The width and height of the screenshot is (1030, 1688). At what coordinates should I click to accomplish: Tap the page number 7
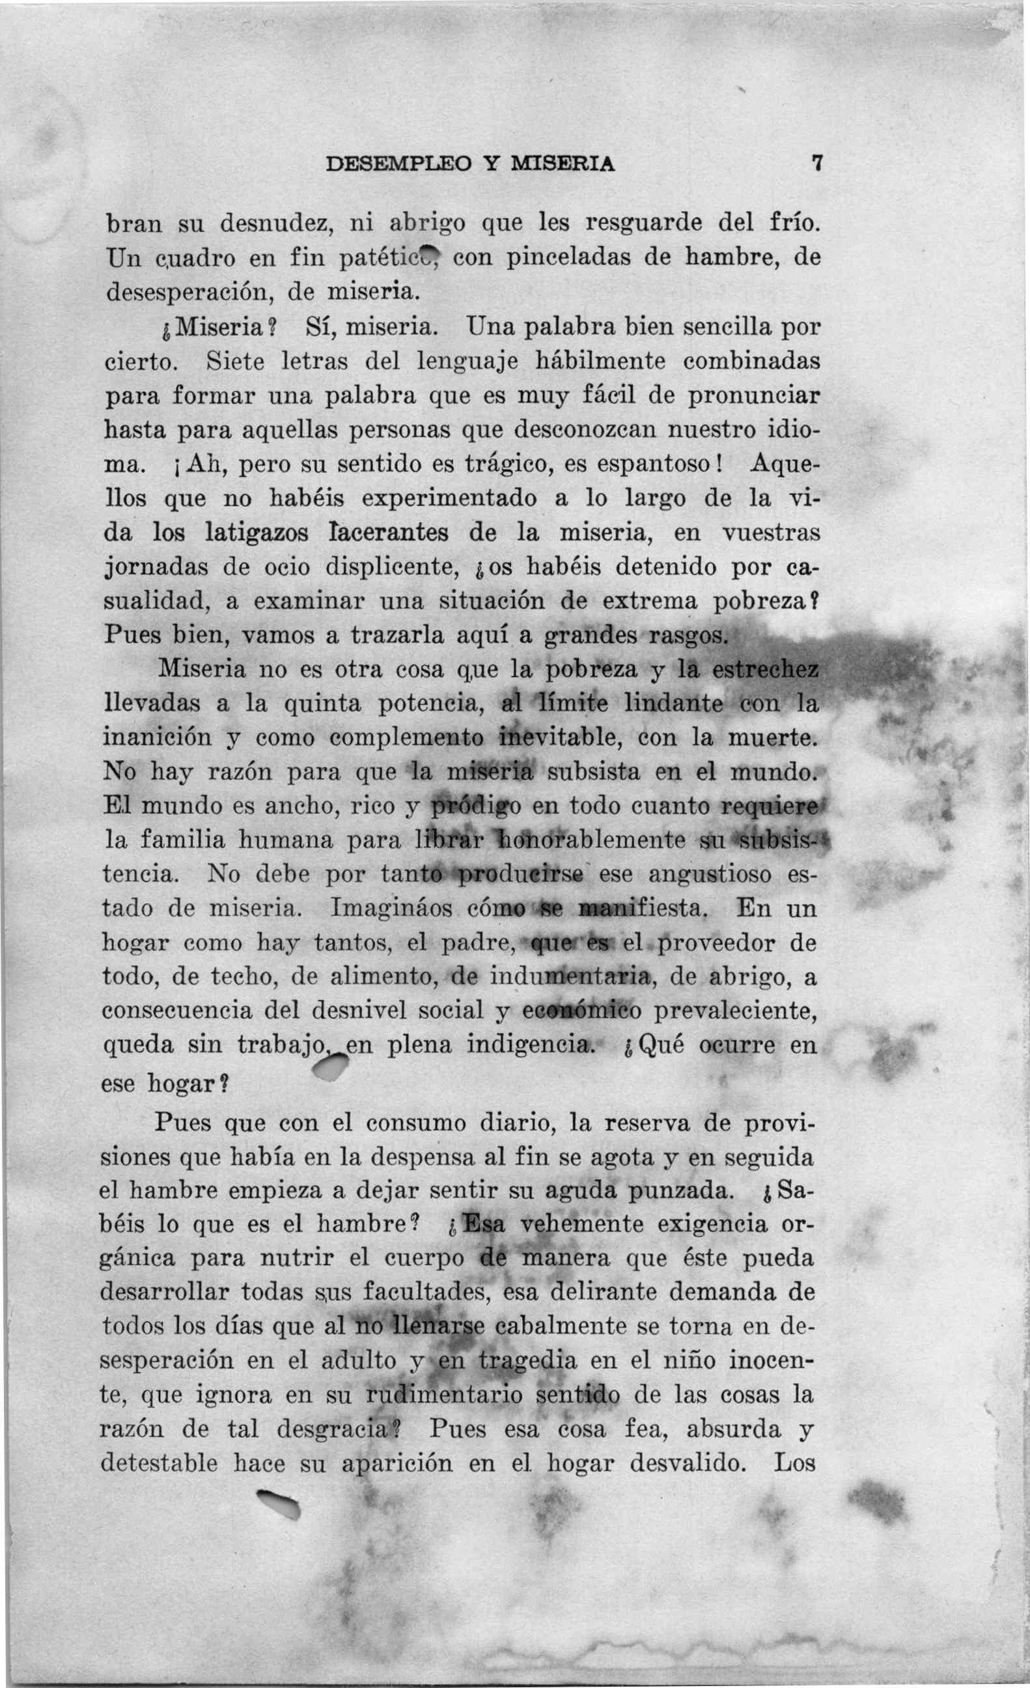pyautogui.click(x=815, y=164)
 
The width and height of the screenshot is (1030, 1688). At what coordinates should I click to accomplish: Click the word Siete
pyautogui.click(x=234, y=361)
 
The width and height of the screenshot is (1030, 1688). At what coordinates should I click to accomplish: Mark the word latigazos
pyautogui.click(x=257, y=532)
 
